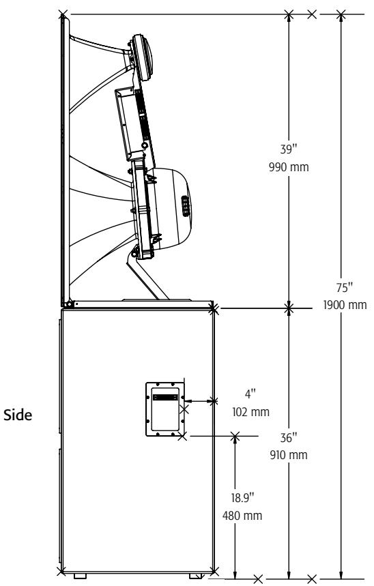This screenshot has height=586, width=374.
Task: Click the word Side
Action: pos(18,415)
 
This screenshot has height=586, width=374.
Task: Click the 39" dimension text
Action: pos(289,149)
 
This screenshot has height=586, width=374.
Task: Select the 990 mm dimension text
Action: pos(289,166)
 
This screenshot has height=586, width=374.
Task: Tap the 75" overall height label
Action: pos(345,288)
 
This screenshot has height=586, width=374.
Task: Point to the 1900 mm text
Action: pos(345,305)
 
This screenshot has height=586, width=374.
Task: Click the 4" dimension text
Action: pos(250,394)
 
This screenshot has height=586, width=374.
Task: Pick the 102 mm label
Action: pos(250,412)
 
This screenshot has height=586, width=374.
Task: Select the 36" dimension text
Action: pos(289,438)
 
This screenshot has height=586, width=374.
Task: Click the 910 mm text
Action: pos(289,455)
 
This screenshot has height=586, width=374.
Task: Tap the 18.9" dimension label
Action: pos(242,498)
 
